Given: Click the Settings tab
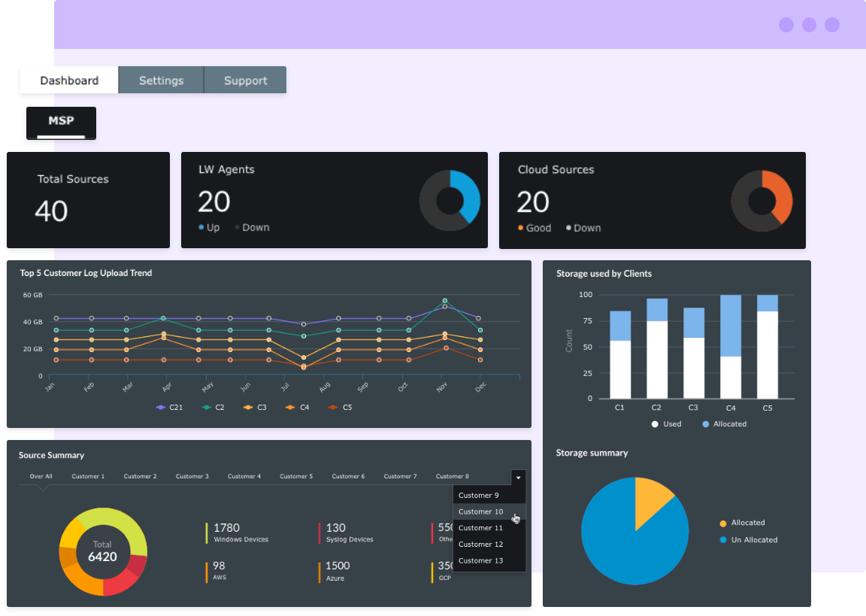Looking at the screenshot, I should click(161, 80).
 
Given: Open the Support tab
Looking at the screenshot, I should click(245, 80).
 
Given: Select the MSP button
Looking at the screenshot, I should click(61, 121).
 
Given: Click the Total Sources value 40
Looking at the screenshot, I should click(51, 211).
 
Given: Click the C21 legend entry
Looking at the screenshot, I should click(171, 407).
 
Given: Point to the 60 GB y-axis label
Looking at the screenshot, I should click(32, 295).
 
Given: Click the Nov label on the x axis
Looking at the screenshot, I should click(442, 386).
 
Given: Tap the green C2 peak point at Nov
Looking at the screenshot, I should click(444, 300).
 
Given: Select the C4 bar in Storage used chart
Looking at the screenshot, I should click(729, 346).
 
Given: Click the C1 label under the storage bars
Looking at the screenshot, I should click(620, 408).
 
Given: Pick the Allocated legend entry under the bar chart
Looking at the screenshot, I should click(725, 424).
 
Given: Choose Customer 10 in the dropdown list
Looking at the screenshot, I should click(481, 511).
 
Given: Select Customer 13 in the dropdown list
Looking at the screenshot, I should click(481, 560).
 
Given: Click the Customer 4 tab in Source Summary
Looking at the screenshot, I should click(244, 476).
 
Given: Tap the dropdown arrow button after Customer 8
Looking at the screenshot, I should click(518, 477).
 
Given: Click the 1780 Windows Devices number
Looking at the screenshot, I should click(226, 528).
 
